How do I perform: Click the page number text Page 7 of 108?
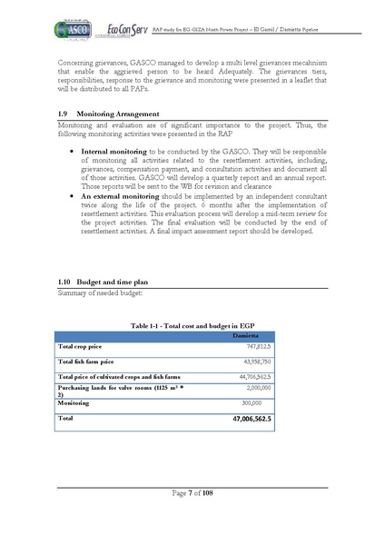[x=192, y=492]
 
